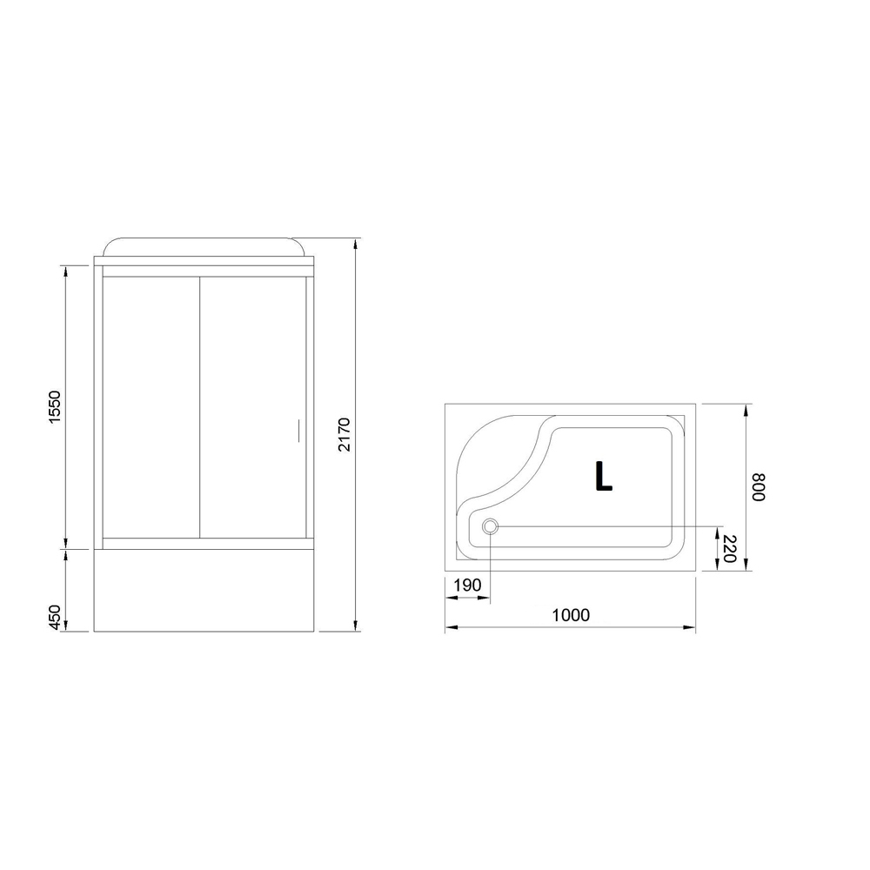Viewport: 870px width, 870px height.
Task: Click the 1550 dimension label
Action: pyautogui.click(x=54, y=407)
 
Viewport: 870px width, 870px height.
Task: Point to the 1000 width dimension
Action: pyautogui.click(x=571, y=615)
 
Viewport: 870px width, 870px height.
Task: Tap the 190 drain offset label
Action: pyautogui.click(x=467, y=585)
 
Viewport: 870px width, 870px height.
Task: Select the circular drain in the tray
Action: pyautogui.click(x=490, y=525)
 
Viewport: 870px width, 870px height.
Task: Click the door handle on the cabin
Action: pyautogui.click(x=298, y=432)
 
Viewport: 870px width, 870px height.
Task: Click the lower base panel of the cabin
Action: pyautogui.click(x=203, y=592)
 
